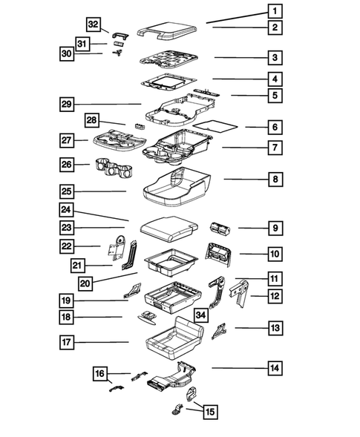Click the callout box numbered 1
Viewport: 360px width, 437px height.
point(275,11)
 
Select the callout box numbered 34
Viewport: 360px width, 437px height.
point(200,315)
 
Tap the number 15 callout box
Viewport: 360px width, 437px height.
point(210,412)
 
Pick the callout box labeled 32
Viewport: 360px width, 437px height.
point(94,24)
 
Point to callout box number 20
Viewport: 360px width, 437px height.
point(85,283)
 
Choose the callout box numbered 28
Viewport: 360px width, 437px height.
point(92,120)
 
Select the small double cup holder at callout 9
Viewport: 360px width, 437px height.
point(220,229)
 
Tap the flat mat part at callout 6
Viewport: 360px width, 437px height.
point(215,125)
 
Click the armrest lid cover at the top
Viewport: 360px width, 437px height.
point(167,31)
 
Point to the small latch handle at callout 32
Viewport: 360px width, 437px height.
point(121,36)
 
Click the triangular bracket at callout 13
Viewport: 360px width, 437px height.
point(219,331)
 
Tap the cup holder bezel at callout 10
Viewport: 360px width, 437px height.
point(218,254)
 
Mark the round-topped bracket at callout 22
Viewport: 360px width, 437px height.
point(117,249)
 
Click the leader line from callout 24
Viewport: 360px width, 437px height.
point(101,216)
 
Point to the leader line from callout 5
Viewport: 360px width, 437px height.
point(249,95)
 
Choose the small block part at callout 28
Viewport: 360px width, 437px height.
point(140,126)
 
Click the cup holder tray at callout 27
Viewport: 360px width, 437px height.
point(120,138)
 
